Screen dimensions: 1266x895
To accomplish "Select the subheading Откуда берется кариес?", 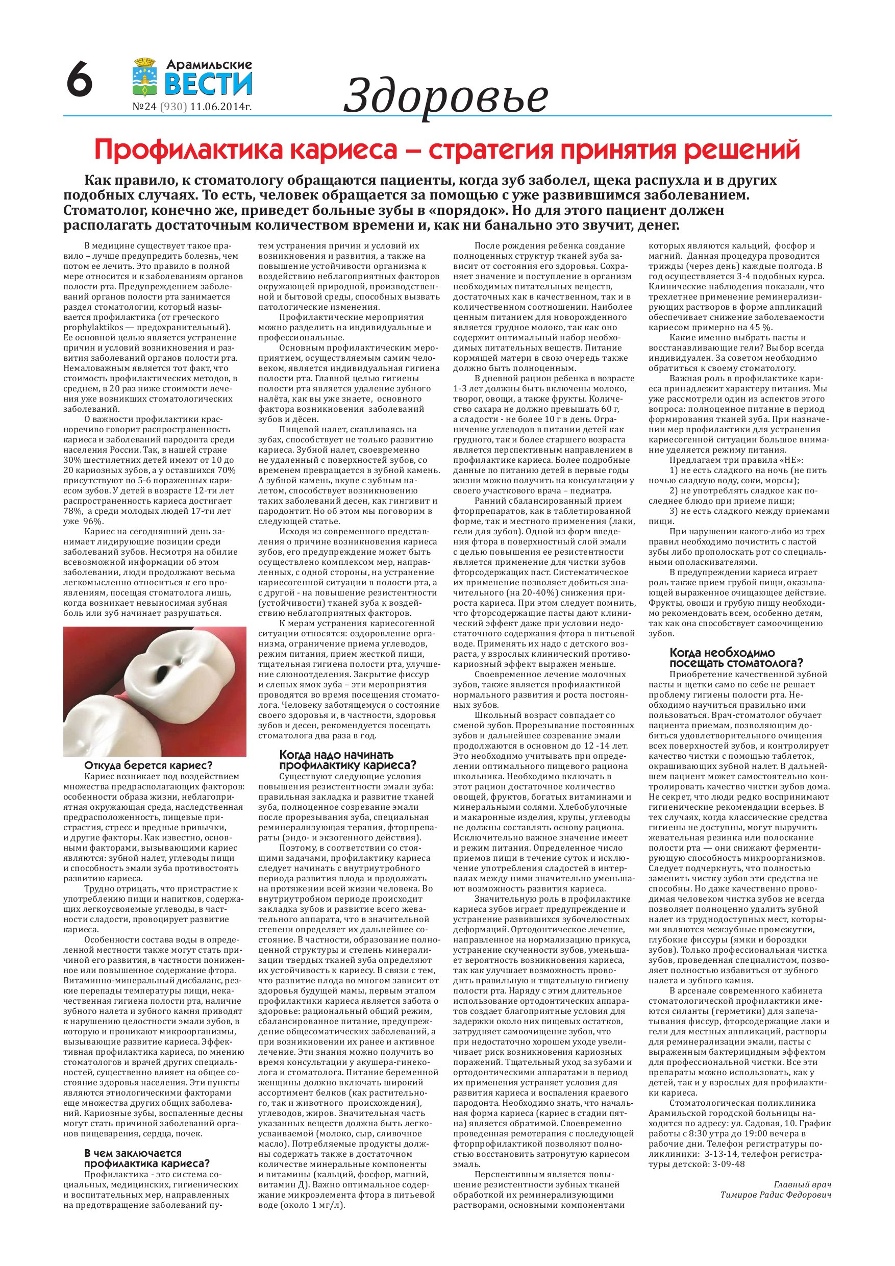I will (x=148, y=765).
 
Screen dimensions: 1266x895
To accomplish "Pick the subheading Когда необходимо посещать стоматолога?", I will (x=736, y=657).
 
